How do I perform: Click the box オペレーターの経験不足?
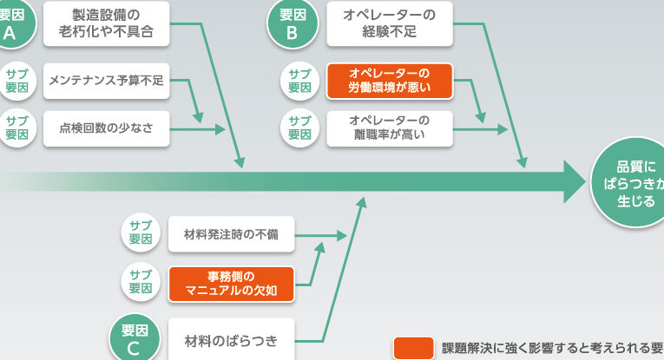[x=390, y=23]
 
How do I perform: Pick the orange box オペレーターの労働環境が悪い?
[x=390, y=81]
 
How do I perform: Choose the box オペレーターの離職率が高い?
[x=390, y=128]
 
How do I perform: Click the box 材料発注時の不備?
[x=231, y=233]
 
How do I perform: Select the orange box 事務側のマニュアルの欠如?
[x=231, y=284]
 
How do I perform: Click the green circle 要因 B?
[x=292, y=23]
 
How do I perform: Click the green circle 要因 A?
[x=12, y=23]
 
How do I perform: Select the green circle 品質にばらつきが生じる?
[x=628, y=183]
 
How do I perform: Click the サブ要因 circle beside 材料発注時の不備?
[x=141, y=232]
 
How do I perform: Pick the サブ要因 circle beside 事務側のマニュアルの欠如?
[x=141, y=282]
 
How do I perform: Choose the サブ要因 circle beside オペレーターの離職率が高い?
[x=299, y=128]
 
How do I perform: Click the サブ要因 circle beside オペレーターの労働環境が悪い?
[x=299, y=81]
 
